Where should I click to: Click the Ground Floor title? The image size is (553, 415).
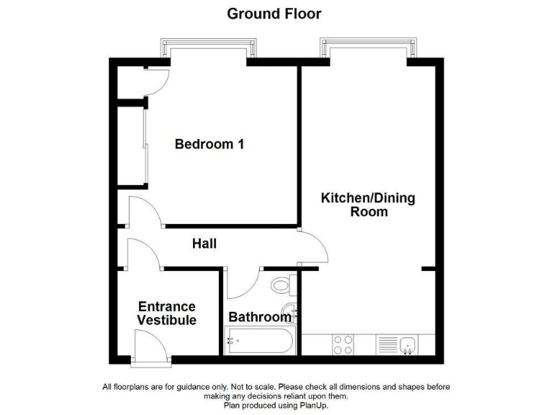click(274, 14)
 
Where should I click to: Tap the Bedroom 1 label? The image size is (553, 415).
click(210, 144)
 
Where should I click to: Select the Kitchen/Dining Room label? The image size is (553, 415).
click(368, 205)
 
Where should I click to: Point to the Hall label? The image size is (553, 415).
click(204, 244)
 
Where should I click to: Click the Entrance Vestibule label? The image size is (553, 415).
click(166, 313)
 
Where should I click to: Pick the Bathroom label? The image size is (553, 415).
click(259, 317)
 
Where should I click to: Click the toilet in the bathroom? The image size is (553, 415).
click(282, 286)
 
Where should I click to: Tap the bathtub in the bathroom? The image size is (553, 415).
click(259, 341)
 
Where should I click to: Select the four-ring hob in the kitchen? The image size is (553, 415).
click(343, 345)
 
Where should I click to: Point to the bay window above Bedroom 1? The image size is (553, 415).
click(209, 49)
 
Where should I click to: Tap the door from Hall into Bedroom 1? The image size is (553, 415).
click(144, 212)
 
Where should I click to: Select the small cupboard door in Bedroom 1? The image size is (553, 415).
click(156, 80)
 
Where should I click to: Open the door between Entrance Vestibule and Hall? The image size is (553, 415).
click(143, 254)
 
